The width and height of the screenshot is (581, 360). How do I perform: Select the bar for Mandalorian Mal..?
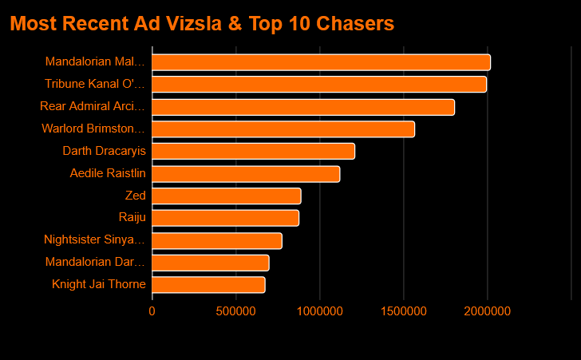pyautogui.click(x=321, y=62)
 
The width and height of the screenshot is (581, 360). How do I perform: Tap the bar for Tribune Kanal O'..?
pyautogui.click(x=319, y=85)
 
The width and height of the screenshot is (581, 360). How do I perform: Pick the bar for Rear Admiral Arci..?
pyautogui.click(x=303, y=107)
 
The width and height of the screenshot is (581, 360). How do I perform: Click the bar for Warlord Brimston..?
pyautogui.click(x=283, y=129)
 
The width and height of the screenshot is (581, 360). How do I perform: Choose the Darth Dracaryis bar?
pyautogui.click(x=253, y=151)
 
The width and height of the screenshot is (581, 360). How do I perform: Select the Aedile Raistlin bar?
pyautogui.click(x=246, y=173)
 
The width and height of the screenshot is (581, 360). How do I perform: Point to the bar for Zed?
pyautogui.click(x=227, y=196)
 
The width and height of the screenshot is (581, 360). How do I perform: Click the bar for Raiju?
pyautogui.click(x=225, y=218)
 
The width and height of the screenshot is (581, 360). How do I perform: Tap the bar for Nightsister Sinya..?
pyautogui.click(x=217, y=240)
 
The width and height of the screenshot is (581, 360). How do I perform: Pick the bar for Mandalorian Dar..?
pyautogui.click(x=211, y=263)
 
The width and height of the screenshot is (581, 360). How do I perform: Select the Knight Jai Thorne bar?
pyautogui.click(x=208, y=284)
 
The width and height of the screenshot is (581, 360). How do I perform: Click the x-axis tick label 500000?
pyautogui.click(x=236, y=311)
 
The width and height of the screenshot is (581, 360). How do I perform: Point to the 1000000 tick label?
pyautogui.click(x=320, y=311)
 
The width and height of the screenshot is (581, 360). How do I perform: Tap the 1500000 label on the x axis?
pyautogui.click(x=404, y=311)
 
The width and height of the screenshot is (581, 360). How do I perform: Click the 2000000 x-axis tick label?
pyautogui.click(x=488, y=311)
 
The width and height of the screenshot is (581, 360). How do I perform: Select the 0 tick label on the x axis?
pyautogui.click(x=152, y=311)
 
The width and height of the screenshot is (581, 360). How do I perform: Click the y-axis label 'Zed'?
pyautogui.click(x=136, y=196)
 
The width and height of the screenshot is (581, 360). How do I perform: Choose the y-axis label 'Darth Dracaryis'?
pyautogui.click(x=105, y=151)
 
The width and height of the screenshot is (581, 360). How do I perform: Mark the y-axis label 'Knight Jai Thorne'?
pyautogui.click(x=99, y=284)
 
